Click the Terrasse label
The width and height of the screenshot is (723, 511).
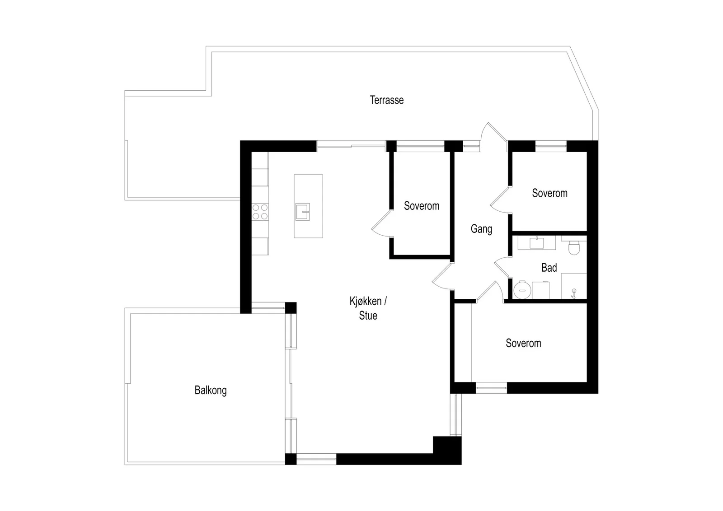click(386, 100)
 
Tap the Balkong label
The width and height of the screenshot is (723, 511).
click(211, 390)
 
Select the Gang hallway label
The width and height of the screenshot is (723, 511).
click(481, 229)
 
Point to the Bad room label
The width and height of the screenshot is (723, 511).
click(549, 268)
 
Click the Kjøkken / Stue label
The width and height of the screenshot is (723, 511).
click(368, 308)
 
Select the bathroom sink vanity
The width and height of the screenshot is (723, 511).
click(536, 242)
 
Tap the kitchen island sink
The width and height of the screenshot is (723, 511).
click(302, 212)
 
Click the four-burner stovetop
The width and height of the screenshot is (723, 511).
click(260, 212)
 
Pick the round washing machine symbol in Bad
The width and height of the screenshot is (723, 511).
click(522, 290)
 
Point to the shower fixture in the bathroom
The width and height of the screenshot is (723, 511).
click(573, 294)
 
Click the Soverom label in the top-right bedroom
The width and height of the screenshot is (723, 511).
click(549, 193)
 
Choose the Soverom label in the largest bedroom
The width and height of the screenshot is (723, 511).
click(523, 343)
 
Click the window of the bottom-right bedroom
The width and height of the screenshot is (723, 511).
click(491, 388)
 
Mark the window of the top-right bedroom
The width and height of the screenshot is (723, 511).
click(551, 146)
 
